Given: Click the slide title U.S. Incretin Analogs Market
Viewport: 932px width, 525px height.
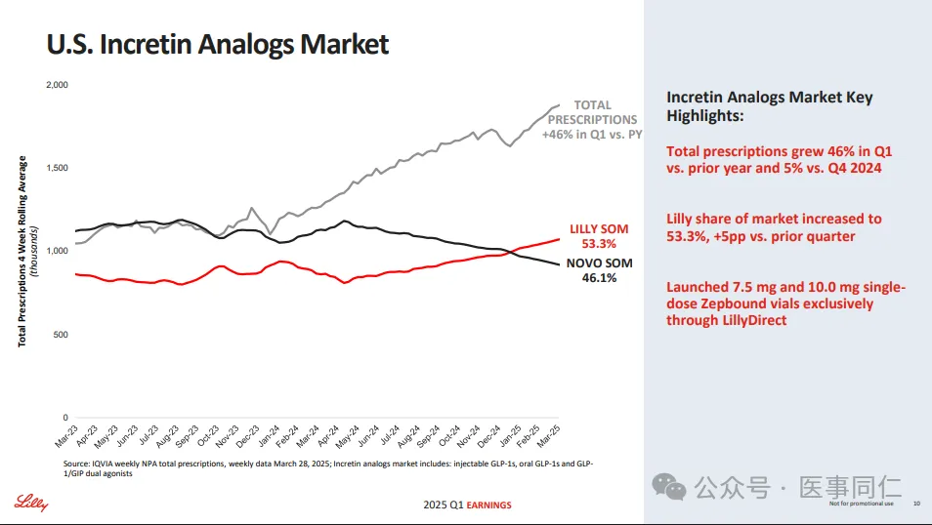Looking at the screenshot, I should pyautogui.click(x=218, y=44).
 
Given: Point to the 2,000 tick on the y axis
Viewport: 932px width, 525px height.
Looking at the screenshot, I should pyautogui.click(x=57, y=85).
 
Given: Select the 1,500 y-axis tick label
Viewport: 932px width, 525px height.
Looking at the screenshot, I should pyautogui.click(x=57, y=168).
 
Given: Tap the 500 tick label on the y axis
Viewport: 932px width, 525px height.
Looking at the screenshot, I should pyautogui.click(x=61, y=335).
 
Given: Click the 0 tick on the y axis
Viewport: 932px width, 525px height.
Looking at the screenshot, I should pyautogui.click(x=64, y=418).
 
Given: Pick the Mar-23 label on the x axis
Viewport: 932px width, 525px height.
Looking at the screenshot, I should pyautogui.click(x=65, y=436).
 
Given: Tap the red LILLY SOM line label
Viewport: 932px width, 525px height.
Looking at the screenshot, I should pyautogui.click(x=599, y=229).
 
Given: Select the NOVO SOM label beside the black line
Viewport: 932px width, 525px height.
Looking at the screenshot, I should pyautogui.click(x=599, y=263).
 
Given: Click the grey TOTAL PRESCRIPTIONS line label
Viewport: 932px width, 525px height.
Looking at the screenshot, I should pyautogui.click(x=592, y=112).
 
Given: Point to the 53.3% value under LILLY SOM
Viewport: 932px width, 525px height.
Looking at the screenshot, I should pyautogui.click(x=599, y=244).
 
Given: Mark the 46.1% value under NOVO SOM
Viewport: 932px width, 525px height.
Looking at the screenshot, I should pyautogui.click(x=599, y=278).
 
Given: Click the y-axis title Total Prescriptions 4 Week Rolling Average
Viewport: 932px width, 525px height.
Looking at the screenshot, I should pyautogui.click(x=22, y=251).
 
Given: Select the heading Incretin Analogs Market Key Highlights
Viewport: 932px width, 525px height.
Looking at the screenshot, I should pyautogui.click(x=769, y=105).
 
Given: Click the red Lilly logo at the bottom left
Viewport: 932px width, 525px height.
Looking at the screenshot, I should pyautogui.click(x=30, y=503).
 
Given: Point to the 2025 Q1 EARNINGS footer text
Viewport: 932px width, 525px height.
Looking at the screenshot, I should pyautogui.click(x=467, y=505).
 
